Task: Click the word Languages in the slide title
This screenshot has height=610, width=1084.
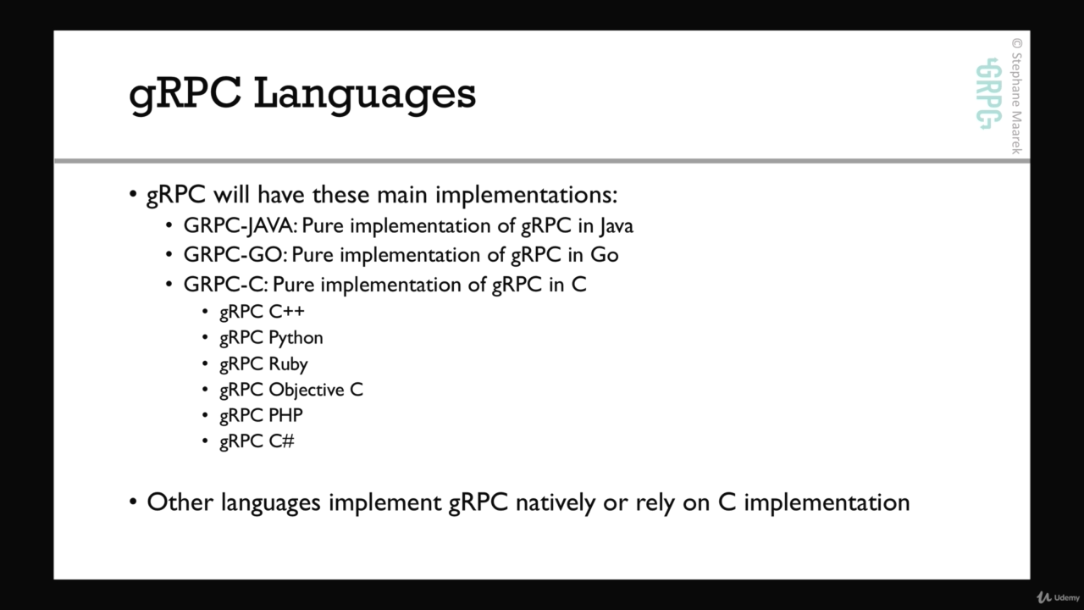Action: point(365,95)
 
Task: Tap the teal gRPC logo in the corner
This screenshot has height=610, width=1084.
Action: point(988,93)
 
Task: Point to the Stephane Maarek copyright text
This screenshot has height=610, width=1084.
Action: point(1016,97)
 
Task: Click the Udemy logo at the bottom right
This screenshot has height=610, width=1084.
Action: point(1059,597)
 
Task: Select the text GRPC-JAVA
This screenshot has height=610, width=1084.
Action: point(238,226)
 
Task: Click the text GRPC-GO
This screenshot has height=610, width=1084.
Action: point(233,255)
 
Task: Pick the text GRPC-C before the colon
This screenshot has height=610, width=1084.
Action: point(223,284)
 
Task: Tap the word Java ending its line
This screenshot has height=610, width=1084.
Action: point(617,226)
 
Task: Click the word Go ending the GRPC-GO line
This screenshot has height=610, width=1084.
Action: point(605,255)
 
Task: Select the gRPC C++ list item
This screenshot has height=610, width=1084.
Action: point(262,312)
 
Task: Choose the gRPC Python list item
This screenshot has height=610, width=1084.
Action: point(271,338)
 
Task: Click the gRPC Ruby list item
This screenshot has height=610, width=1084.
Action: point(263,364)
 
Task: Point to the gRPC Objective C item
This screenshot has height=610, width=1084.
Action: point(290,390)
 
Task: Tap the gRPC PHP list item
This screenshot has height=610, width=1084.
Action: point(261,416)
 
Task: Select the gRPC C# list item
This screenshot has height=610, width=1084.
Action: point(257,441)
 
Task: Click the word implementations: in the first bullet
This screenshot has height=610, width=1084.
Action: point(527,196)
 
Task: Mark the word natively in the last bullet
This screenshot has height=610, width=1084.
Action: point(556,503)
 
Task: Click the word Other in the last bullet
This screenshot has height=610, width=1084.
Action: point(180,502)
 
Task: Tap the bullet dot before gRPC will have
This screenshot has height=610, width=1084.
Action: point(133,195)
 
